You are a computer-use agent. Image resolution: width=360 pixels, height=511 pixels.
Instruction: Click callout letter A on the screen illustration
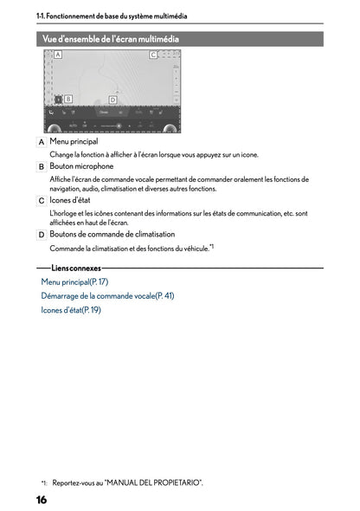coord(58,55)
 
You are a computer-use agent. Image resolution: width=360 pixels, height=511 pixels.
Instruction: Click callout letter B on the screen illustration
coord(67,99)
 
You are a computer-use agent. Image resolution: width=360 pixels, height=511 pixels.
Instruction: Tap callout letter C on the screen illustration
coord(153,55)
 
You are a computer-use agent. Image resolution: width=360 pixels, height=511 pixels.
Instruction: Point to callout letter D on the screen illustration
coord(112,100)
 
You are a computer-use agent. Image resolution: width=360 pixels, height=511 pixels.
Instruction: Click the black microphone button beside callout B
coord(57,100)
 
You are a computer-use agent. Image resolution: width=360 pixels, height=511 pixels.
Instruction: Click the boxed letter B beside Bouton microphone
coord(42,166)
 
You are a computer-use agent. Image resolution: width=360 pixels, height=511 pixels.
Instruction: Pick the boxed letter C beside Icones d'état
coord(42,200)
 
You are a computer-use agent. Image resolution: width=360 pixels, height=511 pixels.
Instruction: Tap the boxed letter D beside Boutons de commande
coord(42,234)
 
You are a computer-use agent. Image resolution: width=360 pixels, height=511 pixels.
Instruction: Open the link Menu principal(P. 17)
coord(74,281)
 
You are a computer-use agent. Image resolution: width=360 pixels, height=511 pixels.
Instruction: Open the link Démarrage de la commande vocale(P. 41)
coord(107,295)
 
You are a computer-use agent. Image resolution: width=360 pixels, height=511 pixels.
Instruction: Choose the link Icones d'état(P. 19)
coord(71,309)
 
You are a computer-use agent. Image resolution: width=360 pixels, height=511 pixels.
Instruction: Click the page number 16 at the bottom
coord(42,500)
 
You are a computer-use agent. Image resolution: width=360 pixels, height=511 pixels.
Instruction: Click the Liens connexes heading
coord(76,268)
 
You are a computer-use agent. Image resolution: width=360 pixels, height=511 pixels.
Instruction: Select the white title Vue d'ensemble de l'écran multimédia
coord(111,39)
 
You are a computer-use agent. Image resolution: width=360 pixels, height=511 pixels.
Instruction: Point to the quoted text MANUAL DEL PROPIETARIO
coord(165,482)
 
